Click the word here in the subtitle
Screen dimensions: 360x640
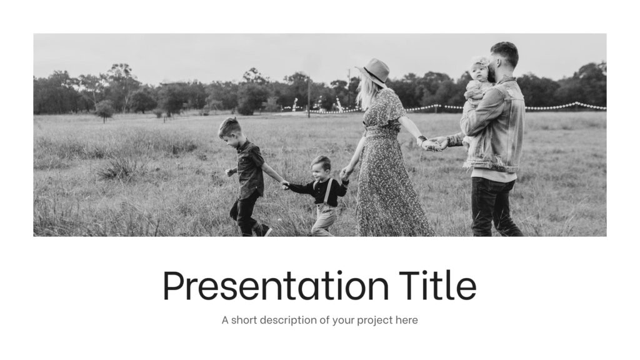click(406, 321)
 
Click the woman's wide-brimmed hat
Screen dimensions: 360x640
click(376, 71)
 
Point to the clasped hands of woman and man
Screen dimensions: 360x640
click(432, 144)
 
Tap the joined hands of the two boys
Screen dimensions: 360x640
click(285, 184)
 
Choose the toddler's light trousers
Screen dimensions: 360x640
click(324, 219)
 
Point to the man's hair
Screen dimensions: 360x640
click(505, 51)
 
